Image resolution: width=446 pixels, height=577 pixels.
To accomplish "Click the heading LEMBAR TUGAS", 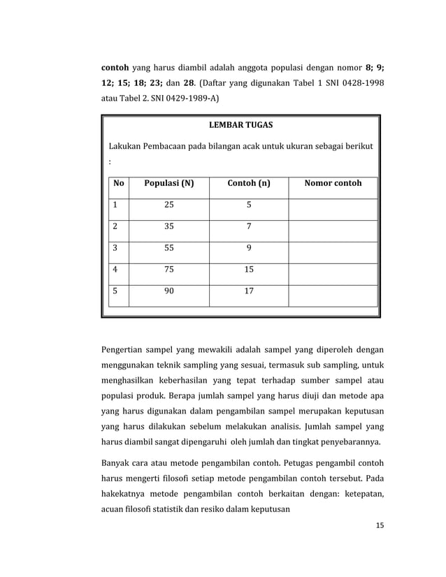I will click(x=241, y=125).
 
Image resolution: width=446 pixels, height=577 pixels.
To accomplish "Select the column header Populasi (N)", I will click(x=168, y=184).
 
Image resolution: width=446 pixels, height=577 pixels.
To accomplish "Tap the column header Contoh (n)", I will click(x=249, y=184).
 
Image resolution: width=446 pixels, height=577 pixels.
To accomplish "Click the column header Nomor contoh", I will click(x=333, y=184).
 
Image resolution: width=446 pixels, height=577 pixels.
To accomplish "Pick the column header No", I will click(x=118, y=184).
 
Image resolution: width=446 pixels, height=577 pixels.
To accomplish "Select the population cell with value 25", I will click(x=168, y=205).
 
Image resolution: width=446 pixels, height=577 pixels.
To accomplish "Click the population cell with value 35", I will click(x=168, y=226).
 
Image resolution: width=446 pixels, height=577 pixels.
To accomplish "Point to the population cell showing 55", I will click(x=168, y=248).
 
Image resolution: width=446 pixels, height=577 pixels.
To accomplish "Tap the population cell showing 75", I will click(x=168, y=270).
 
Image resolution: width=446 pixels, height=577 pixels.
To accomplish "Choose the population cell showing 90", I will click(x=168, y=291).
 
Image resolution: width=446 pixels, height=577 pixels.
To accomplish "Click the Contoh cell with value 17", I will click(x=249, y=291).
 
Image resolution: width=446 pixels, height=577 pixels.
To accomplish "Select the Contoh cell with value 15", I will click(x=249, y=270).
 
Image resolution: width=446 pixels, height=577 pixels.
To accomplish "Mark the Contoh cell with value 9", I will click(x=249, y=248).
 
